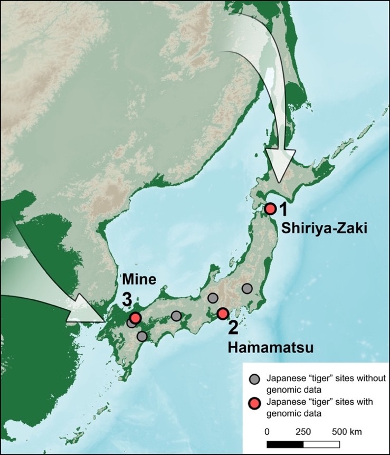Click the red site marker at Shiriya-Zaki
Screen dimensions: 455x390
tap(270, 208)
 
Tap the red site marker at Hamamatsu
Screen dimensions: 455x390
tap(223, 314)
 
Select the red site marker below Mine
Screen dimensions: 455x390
tap(136, 318)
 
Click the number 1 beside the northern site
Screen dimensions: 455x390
tap(283, 210)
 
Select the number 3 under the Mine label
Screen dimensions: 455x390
tap(127, 299)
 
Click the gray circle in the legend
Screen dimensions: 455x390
tap(255, 378)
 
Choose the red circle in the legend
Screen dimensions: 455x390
tap(255, 403)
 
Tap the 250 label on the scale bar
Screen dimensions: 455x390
tap(303, 431)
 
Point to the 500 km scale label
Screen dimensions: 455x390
tap(347, 431)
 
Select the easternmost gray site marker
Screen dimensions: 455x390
tap(247, 288)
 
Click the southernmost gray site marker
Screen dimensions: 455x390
tap(141, 336)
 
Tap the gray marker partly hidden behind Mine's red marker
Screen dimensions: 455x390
tap(130, 323)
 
